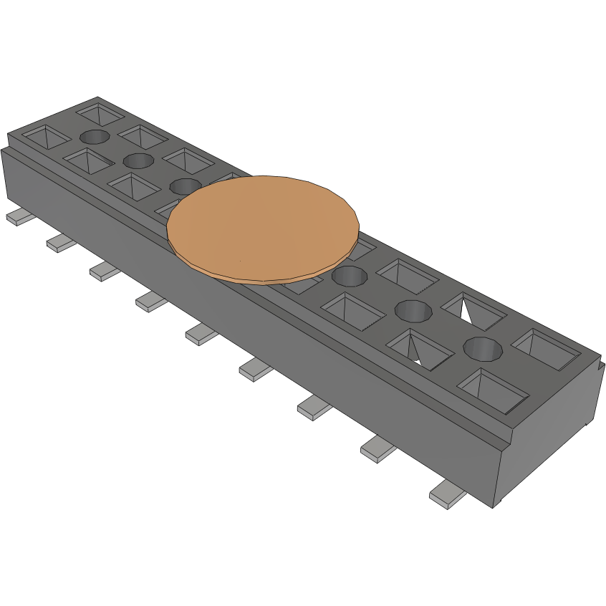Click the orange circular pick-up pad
click(x=262, y=226)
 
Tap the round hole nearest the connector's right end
click(x=481, y=349)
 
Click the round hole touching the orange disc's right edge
click(x=350, y=275)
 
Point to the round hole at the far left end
click(x=95, y=136)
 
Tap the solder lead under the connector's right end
click(x=447, y=496)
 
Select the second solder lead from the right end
click(x=378, y=450)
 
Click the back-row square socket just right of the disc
click(x=407, y=274)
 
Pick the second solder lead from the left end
click(x=62, y=243)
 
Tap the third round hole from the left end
click(x=186, y=186)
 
